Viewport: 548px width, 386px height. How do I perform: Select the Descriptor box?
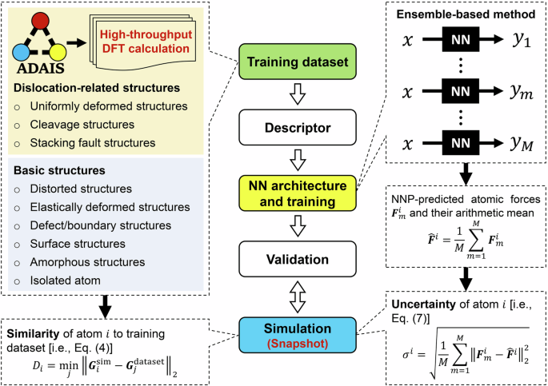point(296,126)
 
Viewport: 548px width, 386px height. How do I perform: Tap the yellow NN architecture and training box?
point(296,193)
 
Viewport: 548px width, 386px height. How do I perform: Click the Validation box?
point(296,260)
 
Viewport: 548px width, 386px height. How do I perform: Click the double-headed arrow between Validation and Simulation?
point(296,293)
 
